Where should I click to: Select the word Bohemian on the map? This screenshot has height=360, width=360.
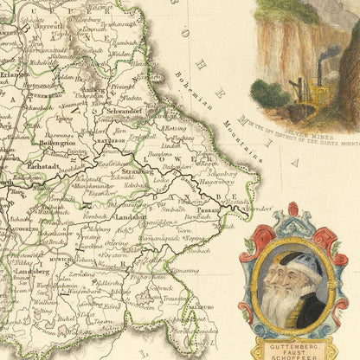[x=205, y=93]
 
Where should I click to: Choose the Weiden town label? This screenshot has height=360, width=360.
[x=120, y=54]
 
